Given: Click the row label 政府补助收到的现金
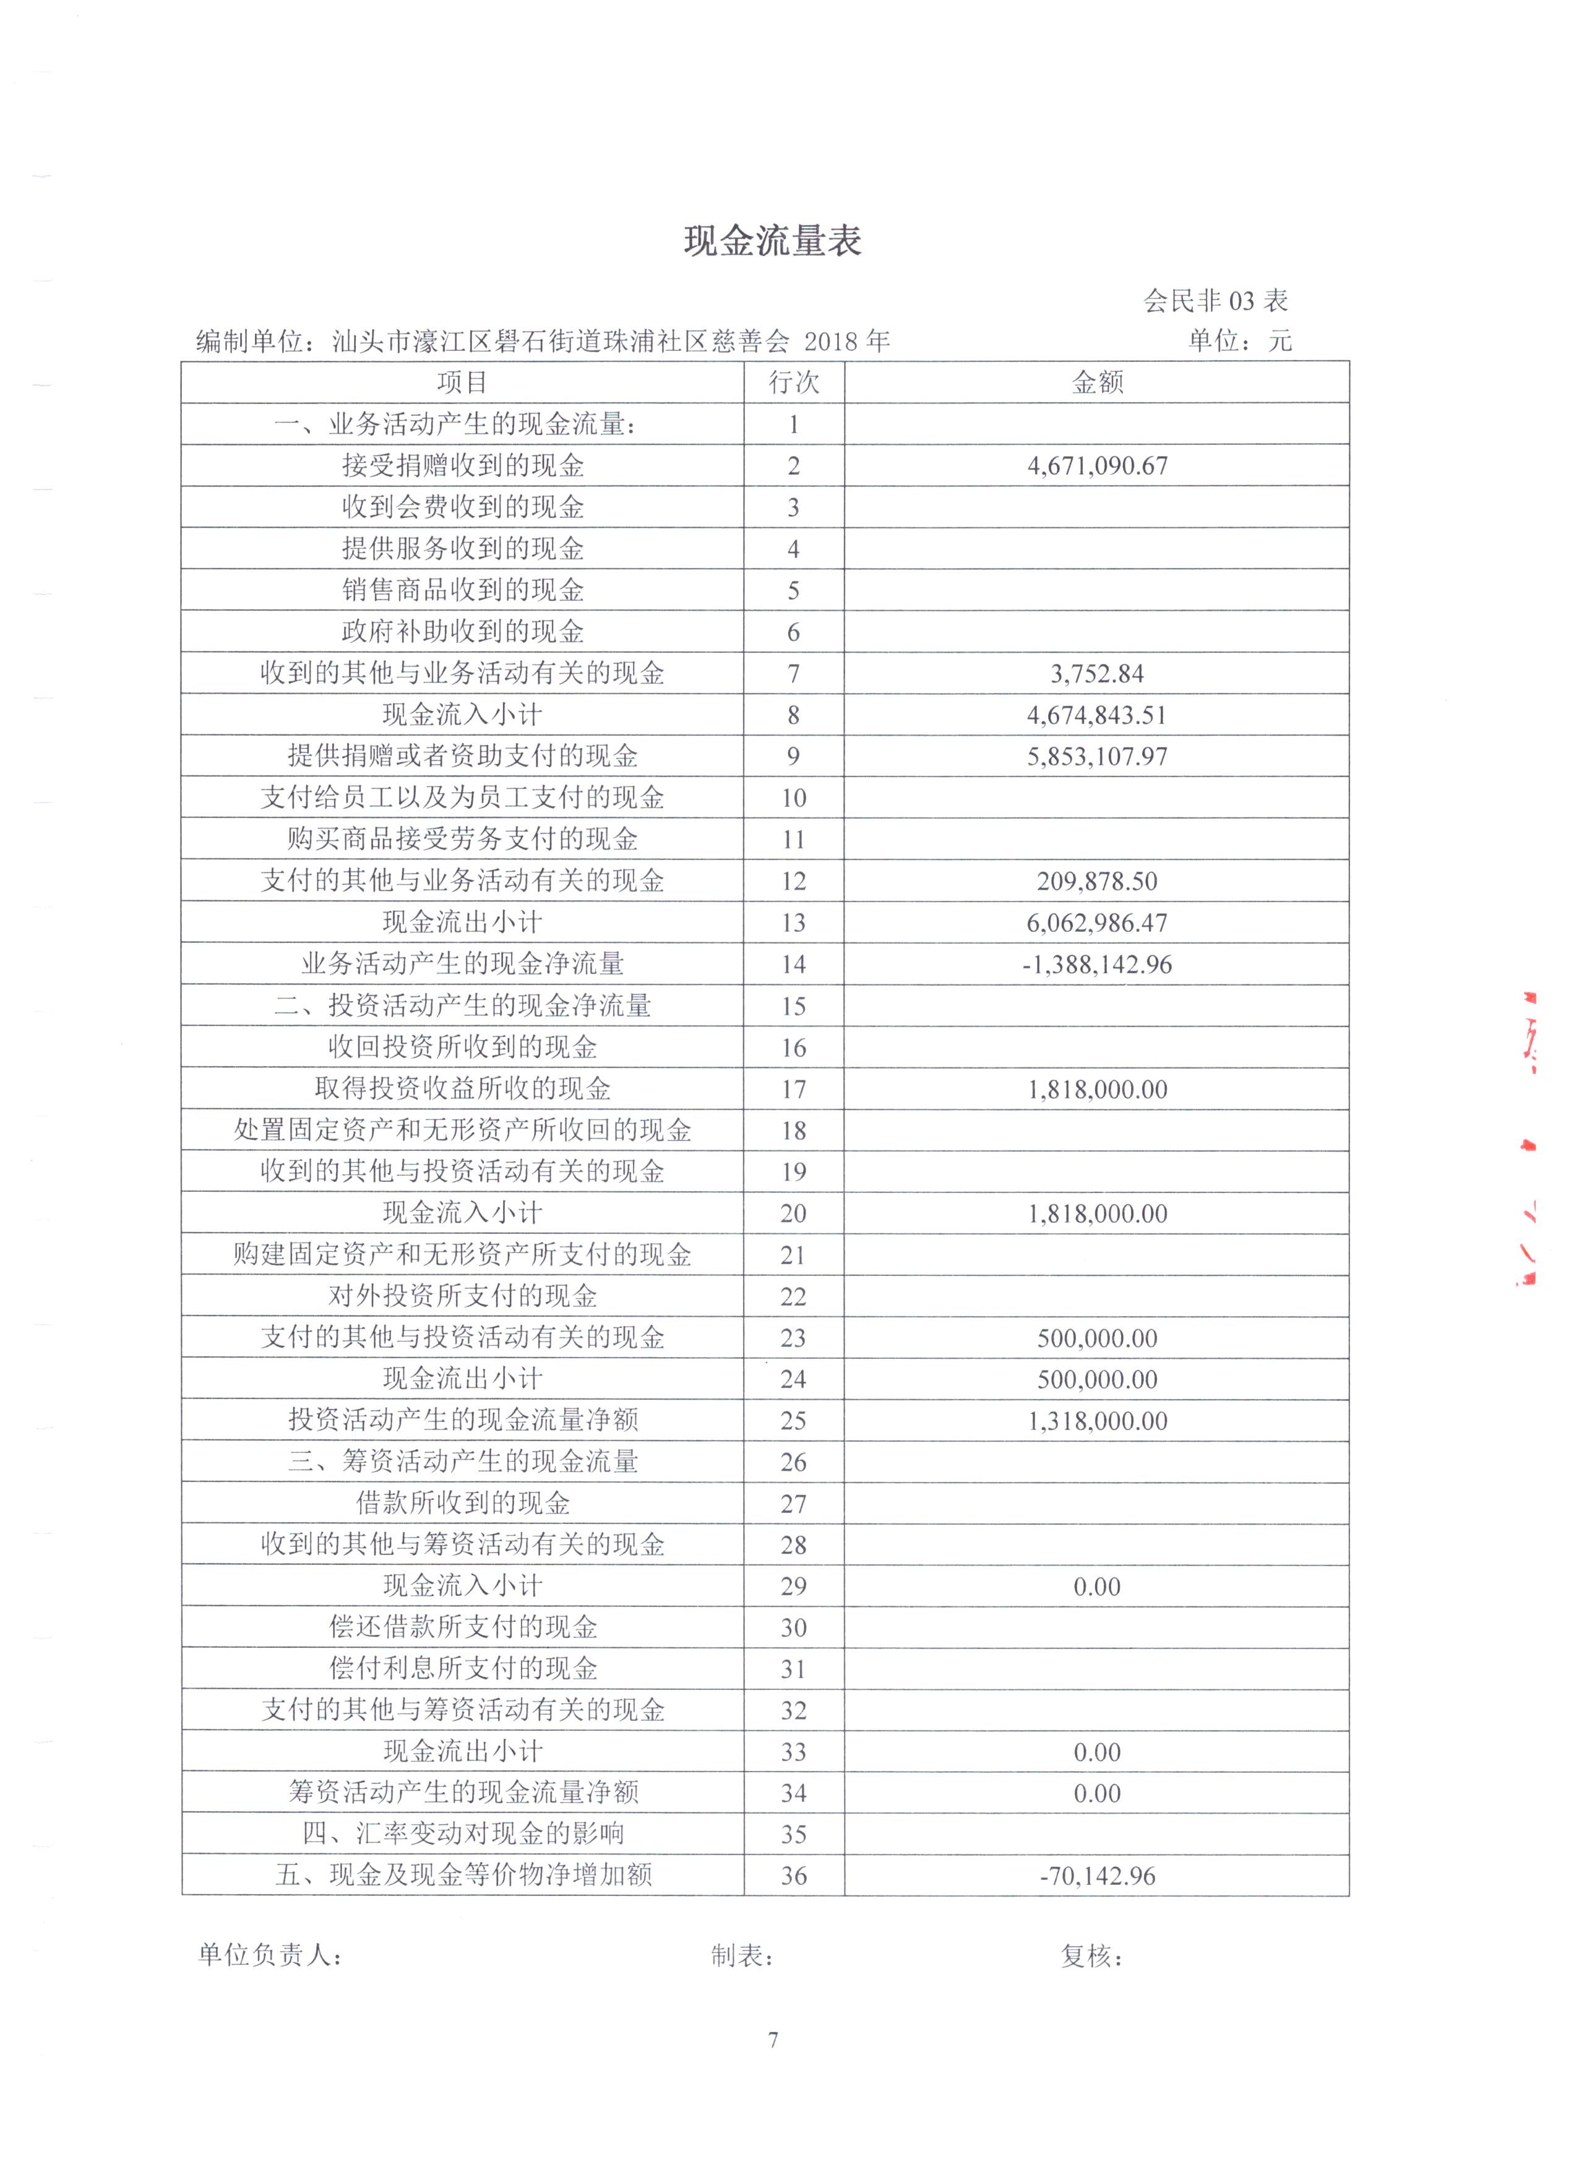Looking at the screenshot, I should coord(462,632).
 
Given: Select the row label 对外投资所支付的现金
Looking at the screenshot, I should coord(462,1296).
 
